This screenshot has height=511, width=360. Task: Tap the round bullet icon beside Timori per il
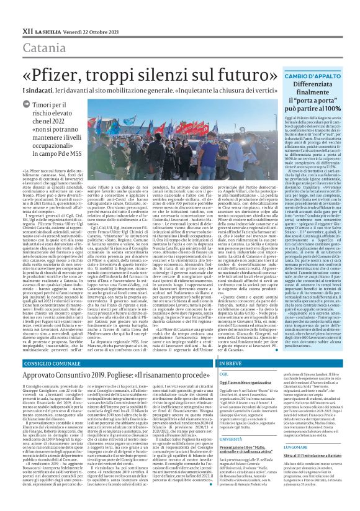tap(27, 106)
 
